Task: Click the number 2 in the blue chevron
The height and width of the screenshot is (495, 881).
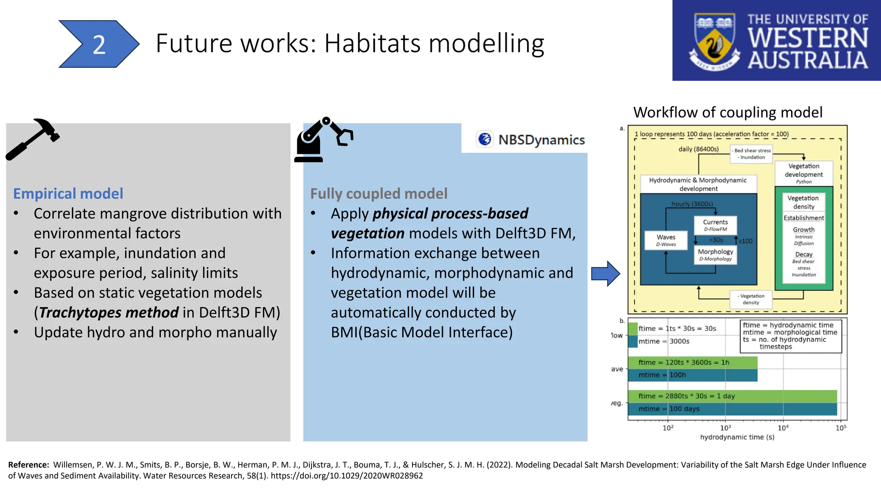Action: click(99, 45)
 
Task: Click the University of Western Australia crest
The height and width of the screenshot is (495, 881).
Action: click(715, 42)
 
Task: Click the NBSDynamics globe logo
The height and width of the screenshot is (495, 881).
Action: click(485, 139)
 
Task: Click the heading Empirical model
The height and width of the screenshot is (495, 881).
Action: click(68, 194)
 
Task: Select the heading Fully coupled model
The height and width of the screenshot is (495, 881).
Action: click(379, 194)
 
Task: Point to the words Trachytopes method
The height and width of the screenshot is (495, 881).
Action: click(108, 312)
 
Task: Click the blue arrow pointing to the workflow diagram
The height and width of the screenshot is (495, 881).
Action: click(605, 273)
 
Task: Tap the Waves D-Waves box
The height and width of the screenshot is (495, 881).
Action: click(665, 240)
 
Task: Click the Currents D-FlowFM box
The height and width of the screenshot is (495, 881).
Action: click(715, 225)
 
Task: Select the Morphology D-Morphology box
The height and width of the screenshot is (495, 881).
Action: click(715, 255)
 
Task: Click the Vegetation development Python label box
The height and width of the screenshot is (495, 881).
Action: click(803, 173)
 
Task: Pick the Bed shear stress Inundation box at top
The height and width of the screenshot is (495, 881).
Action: click(752, 154)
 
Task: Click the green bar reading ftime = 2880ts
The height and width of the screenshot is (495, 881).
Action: click(731, 396)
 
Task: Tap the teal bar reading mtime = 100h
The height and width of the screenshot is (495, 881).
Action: click(692, 375)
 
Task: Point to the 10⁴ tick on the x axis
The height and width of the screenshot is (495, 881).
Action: click(783, 428)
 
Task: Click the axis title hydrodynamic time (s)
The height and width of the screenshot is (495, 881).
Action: click(737, 437)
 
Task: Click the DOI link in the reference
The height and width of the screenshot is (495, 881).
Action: click(347, 476)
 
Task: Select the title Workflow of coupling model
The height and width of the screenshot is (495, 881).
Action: click(727, 113)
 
